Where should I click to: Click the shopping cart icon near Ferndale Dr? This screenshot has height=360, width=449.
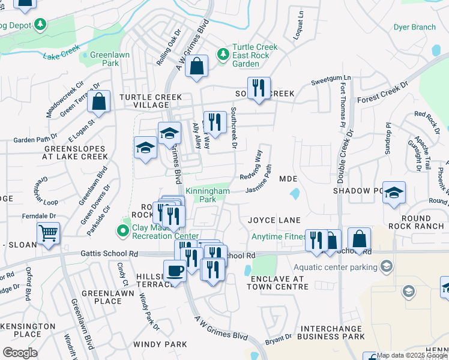tap(48, 233)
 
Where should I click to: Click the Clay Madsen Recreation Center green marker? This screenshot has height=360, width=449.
tap(124, 230)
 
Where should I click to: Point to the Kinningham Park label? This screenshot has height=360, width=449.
tap(200, 194)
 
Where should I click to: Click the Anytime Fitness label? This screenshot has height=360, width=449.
tap(279, 236)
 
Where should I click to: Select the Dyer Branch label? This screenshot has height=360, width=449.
tap(414, 27)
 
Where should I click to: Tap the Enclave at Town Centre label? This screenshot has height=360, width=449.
tap(279, 283)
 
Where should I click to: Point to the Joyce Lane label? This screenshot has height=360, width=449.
tap(274, 220)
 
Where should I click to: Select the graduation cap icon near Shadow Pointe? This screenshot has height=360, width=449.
tap(394, 193)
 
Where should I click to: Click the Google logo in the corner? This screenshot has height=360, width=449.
tap(20, 352)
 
